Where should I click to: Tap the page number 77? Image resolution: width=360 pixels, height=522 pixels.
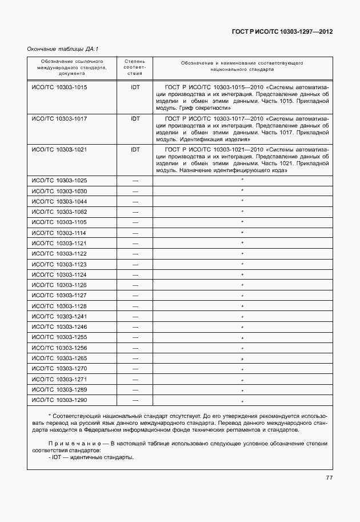click(329, 478)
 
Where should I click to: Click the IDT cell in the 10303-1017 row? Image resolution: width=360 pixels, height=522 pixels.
click(135, 118)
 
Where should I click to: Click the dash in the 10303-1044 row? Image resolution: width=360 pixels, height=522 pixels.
click(135, 202)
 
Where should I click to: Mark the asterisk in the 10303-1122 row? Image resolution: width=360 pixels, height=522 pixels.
click(242, 254)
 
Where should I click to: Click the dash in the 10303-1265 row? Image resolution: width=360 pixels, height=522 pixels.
click(135, 358)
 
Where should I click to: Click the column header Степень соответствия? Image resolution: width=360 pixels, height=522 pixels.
click(135, 67)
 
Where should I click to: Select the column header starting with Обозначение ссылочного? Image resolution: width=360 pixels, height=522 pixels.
click(71, 67)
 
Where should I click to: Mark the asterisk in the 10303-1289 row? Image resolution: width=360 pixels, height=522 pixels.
click(242, 390)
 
